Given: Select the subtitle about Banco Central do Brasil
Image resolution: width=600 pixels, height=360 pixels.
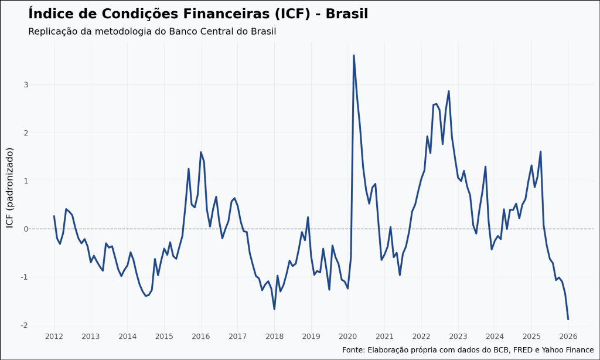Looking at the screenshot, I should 152,31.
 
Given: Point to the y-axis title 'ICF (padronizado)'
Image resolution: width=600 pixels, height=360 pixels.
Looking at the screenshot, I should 9,188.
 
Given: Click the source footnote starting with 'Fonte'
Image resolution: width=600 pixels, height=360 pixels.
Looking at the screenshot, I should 468,349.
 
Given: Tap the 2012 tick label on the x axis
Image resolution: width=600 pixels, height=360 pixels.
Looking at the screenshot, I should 54,337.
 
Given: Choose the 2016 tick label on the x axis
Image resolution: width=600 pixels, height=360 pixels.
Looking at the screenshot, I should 200,337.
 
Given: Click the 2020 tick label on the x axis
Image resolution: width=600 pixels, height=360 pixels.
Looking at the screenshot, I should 347,337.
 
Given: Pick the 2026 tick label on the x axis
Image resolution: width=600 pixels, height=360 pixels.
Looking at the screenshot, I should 568,337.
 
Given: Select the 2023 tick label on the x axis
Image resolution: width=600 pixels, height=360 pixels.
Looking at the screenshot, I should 458,337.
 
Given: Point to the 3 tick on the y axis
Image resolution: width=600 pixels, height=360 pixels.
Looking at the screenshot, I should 26,84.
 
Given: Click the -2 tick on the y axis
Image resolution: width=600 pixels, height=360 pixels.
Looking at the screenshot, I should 24,325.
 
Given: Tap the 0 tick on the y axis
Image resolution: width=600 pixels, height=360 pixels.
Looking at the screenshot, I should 26,229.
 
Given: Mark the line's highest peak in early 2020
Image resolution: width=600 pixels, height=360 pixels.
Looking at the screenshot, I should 354,55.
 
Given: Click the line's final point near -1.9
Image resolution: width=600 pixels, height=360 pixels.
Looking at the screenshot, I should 568,319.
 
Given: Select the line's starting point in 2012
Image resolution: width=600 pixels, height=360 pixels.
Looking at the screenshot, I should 54,216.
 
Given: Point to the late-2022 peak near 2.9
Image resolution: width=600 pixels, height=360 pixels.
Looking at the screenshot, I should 449,91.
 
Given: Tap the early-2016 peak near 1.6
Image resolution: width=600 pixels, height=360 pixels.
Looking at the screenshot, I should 201,152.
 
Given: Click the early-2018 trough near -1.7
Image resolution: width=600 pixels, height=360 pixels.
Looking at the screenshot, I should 274,309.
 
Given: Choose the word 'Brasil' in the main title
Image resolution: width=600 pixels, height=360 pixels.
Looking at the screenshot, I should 347,13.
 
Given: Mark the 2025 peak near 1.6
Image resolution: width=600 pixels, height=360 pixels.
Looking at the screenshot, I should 540,151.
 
